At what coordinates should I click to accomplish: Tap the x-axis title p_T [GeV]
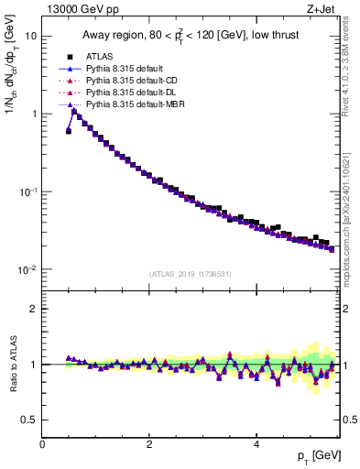point(317,456)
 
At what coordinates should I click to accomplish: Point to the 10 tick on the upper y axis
point(30,36)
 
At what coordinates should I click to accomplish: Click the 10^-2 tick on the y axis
point(27,270)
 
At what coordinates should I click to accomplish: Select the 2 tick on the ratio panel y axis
point(33,309)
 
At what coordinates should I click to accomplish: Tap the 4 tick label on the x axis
point(256,443)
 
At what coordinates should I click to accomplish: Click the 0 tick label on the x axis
point(43,443)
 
